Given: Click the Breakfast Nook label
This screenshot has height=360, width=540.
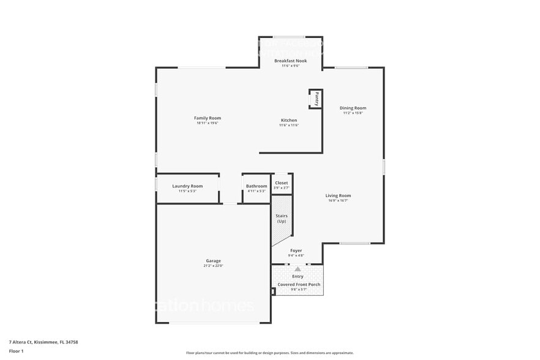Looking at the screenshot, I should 290,61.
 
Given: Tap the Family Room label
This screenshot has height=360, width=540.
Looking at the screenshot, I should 208,118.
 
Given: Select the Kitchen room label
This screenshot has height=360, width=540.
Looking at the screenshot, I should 289,120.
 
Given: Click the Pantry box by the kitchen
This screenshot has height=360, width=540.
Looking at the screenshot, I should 316,99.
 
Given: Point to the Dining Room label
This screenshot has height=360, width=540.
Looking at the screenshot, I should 353,108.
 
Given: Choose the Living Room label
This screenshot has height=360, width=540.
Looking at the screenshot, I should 338,195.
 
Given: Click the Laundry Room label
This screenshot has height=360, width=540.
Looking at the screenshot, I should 187,186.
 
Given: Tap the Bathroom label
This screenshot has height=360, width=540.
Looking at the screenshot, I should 257,186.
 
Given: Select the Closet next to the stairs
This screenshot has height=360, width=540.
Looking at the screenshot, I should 282,182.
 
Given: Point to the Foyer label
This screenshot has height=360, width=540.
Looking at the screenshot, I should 296,250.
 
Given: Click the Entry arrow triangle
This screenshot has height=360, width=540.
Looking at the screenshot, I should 298,269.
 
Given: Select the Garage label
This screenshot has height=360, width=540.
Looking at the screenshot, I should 213,260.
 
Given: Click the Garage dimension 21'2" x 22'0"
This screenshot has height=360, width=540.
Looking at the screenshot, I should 213,266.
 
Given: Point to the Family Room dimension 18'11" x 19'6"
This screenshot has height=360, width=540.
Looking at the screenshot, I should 208,123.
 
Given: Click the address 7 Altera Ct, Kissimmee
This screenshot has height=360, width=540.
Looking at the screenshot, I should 43,342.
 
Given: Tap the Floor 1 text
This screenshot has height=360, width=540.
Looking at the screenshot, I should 16,351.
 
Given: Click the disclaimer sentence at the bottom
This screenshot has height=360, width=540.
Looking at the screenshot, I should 269,353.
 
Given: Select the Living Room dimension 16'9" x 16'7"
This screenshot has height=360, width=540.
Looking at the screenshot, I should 338,201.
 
